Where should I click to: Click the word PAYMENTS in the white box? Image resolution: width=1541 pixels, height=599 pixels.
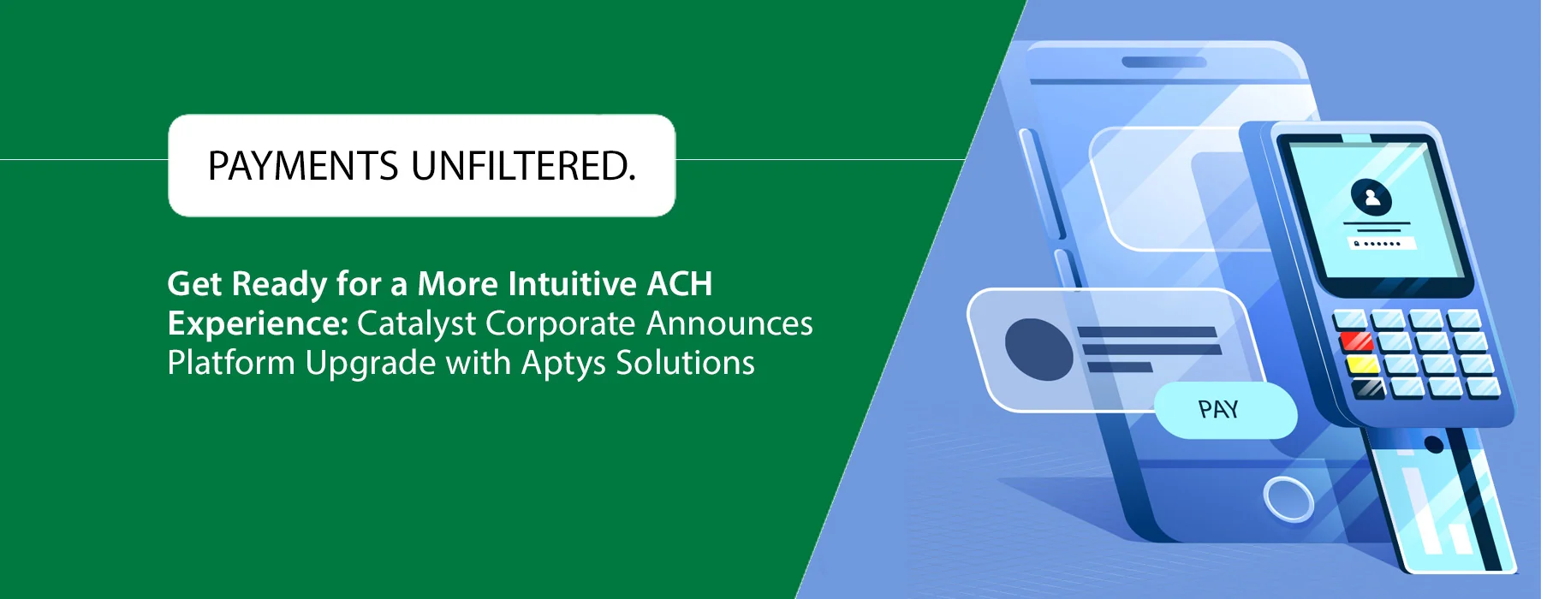[303, 166]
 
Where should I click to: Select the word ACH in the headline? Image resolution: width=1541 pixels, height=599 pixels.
[680, 284]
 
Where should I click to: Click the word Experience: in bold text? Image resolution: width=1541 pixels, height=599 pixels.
[258, 324]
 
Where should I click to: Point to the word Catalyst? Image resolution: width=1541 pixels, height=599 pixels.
[416, 324]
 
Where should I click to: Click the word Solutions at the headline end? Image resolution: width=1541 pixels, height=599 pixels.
[686, 363]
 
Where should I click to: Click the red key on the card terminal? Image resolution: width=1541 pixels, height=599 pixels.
[1355, 342]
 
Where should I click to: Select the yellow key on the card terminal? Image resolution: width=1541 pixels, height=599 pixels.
[1362, 365]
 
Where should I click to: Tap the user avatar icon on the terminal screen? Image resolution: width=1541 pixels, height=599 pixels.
[1371, 198]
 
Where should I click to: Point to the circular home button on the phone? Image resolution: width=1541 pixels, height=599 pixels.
[1288, 497]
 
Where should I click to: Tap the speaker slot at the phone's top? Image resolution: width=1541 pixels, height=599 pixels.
[1164, 62]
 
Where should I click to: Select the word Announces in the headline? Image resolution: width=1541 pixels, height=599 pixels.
[729, 324]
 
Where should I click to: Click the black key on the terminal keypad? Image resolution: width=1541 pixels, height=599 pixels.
[1369, 388]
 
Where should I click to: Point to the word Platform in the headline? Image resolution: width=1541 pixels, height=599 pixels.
[231, 363]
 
